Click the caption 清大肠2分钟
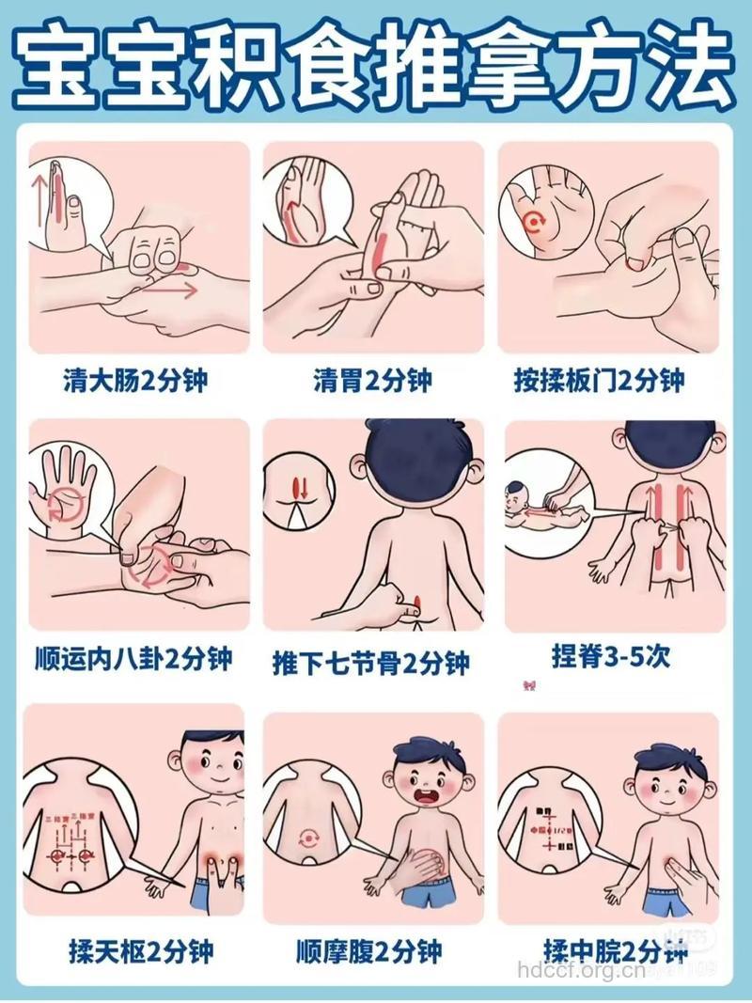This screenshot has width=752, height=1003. pos(136,380)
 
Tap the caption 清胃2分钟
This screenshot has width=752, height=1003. pos(372,380)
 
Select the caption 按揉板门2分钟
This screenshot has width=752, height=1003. pos(612,380)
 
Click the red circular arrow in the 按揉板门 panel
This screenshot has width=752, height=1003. pos(534,223)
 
